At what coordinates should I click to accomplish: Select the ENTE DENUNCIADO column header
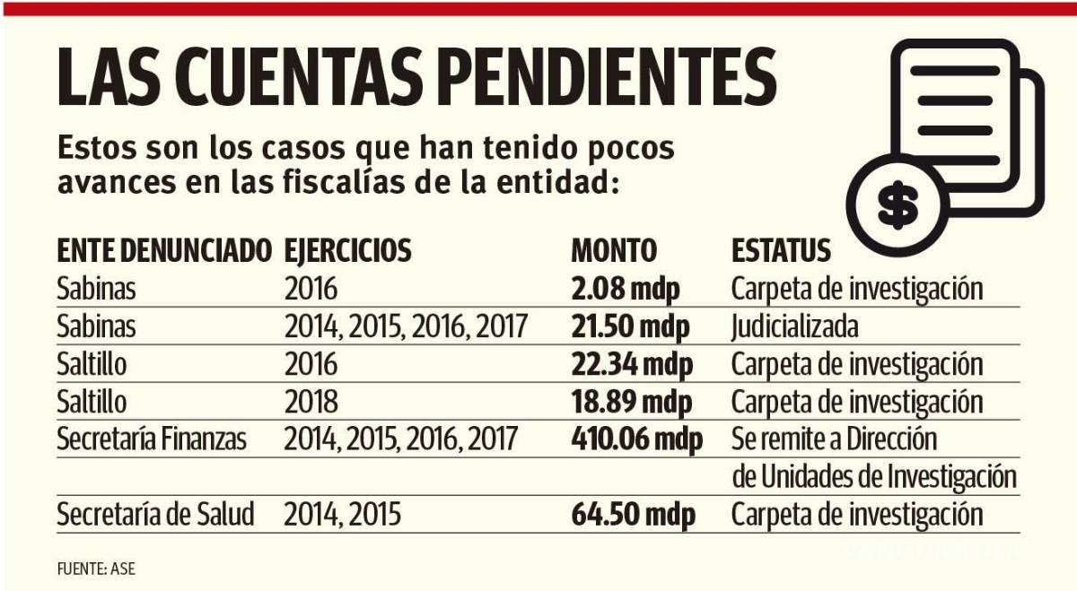(163, 250)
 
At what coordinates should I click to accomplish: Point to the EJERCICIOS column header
(347, 250)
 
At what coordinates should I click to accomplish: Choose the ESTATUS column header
(781, 250)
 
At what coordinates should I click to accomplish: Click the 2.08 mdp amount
(626, 290)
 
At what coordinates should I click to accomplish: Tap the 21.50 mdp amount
(630, 326)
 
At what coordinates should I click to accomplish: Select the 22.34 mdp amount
(631, 364)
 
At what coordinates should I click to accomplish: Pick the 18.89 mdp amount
(630, 401)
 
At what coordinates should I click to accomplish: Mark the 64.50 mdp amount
(631, 515)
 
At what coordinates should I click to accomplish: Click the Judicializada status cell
(794, 326)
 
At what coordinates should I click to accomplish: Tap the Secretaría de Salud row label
(155, 515)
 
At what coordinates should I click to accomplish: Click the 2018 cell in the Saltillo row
(311, 401)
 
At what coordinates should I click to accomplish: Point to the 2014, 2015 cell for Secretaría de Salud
(342, 515)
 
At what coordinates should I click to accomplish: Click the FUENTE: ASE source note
(97, 568)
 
